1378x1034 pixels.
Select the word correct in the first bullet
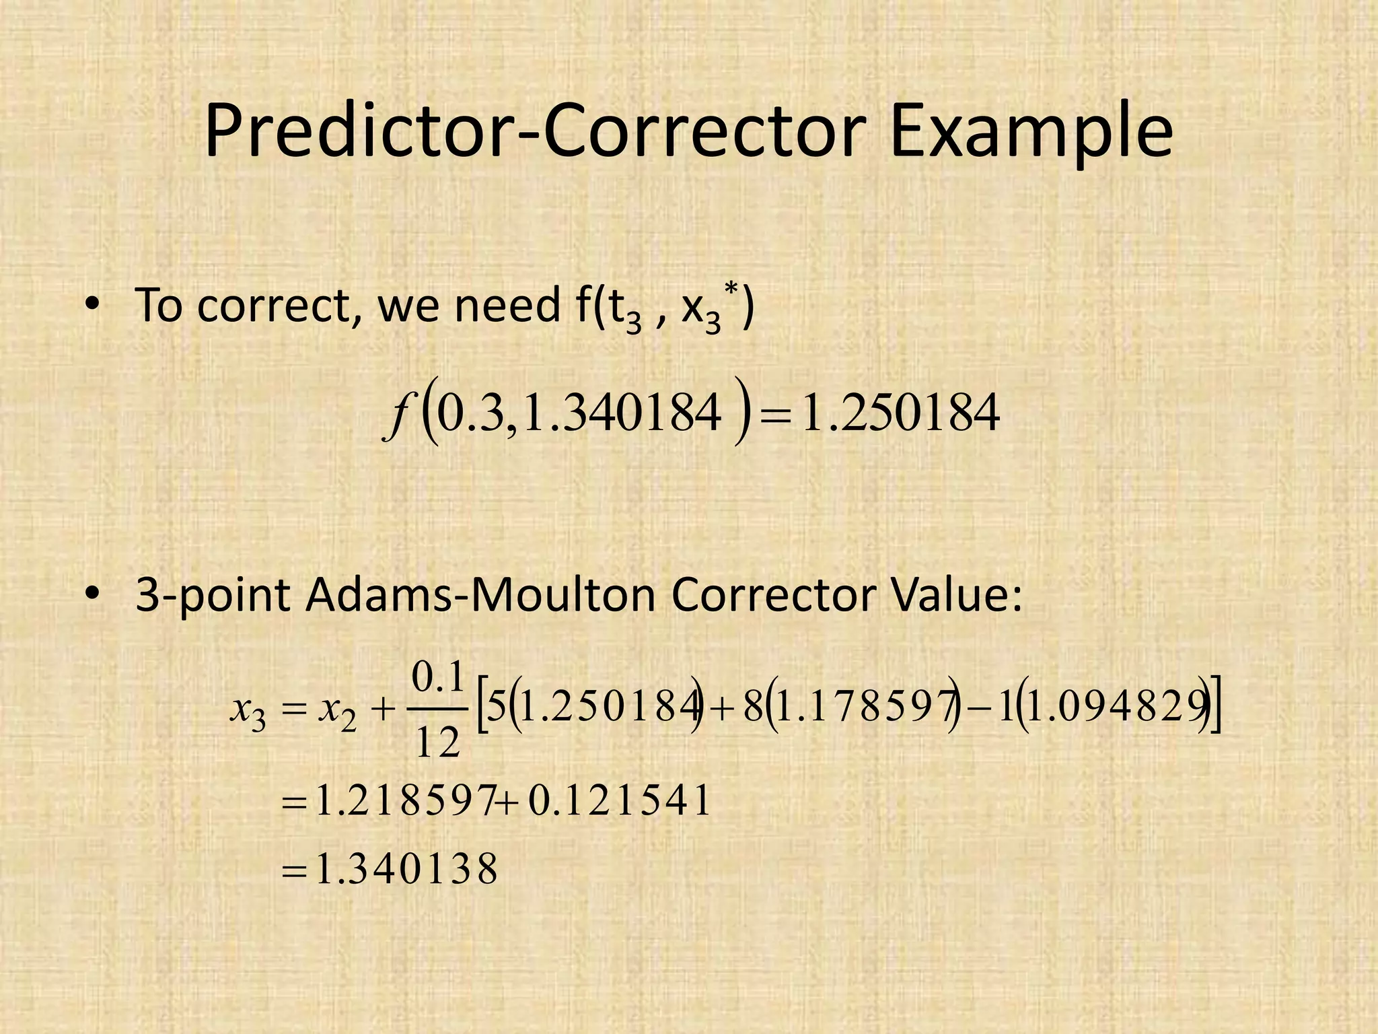coord(276,306)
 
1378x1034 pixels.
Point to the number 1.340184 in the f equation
coord(622,415)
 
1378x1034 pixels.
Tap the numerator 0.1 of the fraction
coord(437,678)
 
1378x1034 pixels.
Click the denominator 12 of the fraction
coord(437,743)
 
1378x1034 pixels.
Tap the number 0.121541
coord(620,801)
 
